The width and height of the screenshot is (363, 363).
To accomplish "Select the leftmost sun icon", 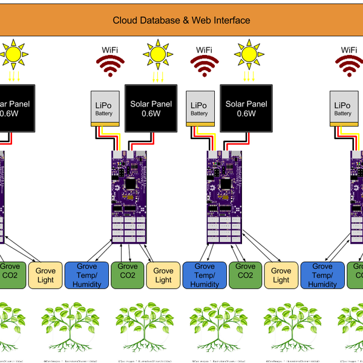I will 13,54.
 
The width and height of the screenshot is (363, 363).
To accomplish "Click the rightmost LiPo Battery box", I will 343,108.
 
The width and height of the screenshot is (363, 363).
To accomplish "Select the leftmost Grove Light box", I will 45,275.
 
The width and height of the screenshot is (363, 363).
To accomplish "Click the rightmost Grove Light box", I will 281,275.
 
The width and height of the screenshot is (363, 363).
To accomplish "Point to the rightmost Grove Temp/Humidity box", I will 322,275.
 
